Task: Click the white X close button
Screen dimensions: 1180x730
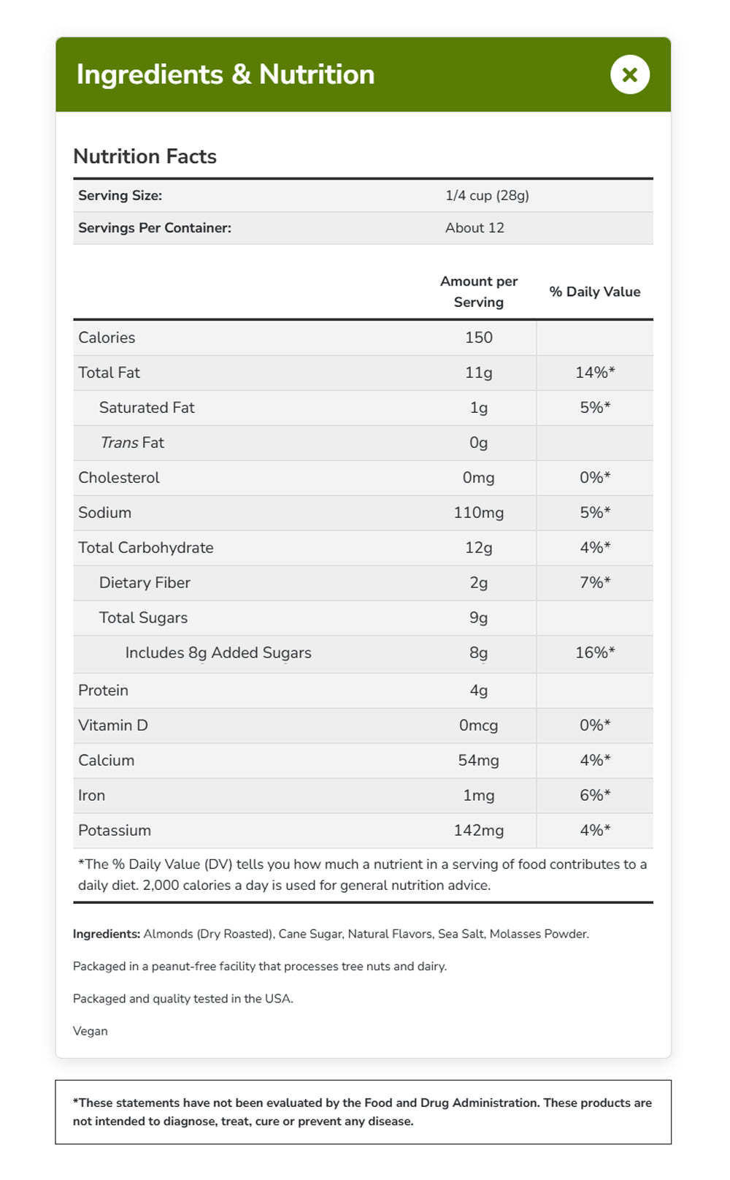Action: [x=629, y=75]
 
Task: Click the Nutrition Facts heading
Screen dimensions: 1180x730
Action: [x=145, y=156]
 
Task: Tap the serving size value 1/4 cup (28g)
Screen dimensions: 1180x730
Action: [x=487, y=196]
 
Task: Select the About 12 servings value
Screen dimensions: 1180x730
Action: [x=474, y=228]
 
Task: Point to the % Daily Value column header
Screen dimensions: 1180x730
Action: [x=594, y=292]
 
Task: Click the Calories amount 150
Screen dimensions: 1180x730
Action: [x=478, y=338]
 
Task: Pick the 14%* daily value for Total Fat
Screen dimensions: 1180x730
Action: [x=594, y=373]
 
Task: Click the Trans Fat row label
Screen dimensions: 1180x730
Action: [x=132, y=443]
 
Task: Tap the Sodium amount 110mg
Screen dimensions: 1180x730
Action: [x=478, y=513]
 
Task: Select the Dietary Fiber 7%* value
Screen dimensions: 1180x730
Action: [x=594, y=583]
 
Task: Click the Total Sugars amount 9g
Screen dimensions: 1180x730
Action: [x=478, y=618]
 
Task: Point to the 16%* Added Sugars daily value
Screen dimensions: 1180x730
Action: [x=594, y=653]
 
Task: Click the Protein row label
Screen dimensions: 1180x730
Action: [x=103, y=690]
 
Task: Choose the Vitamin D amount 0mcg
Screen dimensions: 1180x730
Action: [x=478, y=726]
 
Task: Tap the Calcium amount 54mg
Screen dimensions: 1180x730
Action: [x=478, y=761]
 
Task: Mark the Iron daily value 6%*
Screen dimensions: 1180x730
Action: [x=594, y=796]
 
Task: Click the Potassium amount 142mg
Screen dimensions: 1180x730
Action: [x=478, y=831]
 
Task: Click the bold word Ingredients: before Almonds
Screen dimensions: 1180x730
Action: [x=107, y=934]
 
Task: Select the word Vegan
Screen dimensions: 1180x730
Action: [x=91, y=1031]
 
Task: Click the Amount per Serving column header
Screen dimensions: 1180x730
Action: [x=478, y=292]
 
